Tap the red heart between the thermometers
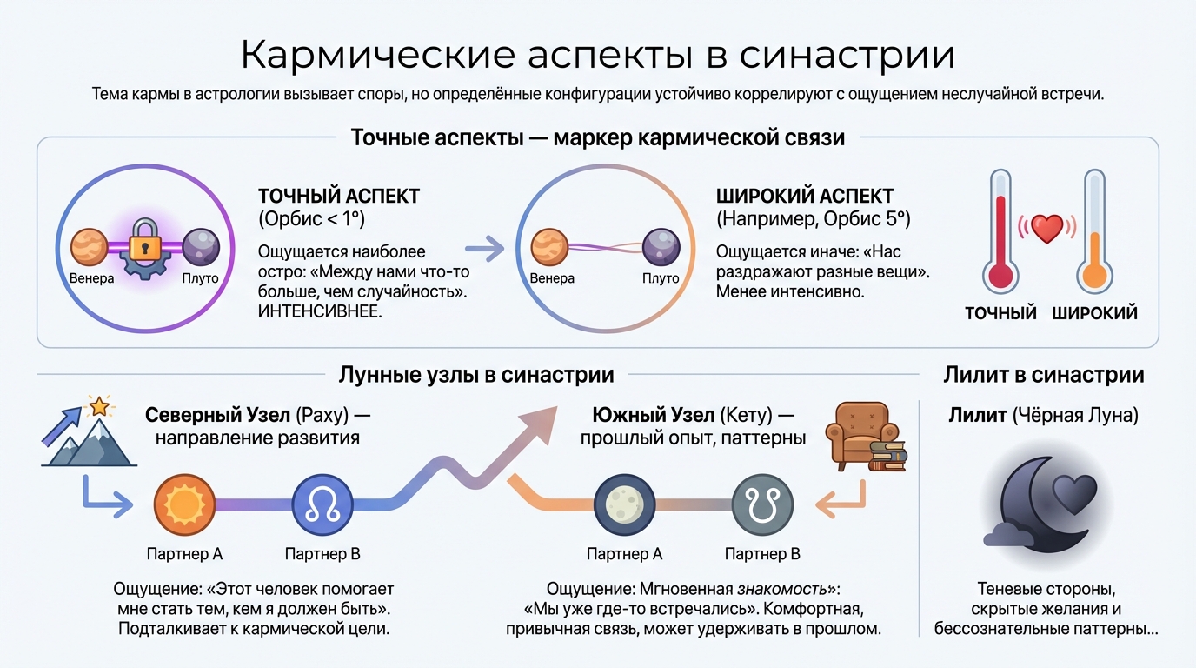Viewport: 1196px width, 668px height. click(x=1047, y=229)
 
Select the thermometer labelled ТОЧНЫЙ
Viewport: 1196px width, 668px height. click(x=1000, y=235)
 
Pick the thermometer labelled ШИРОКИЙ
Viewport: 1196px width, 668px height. click(x=1093, y=235)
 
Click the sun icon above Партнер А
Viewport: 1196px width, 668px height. click(x=184, y=504)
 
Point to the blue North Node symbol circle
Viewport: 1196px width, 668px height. click(x=322, y=504)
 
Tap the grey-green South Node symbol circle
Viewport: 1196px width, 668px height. click(x=762, y=504)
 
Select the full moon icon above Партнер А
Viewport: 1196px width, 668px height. click(x=624, y=504)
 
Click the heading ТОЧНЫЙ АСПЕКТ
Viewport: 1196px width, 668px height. click(x=336, y=196)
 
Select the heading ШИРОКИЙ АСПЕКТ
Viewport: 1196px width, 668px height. click(x=805, y=196)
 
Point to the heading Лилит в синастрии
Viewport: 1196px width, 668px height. click(x=1043, y=375)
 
